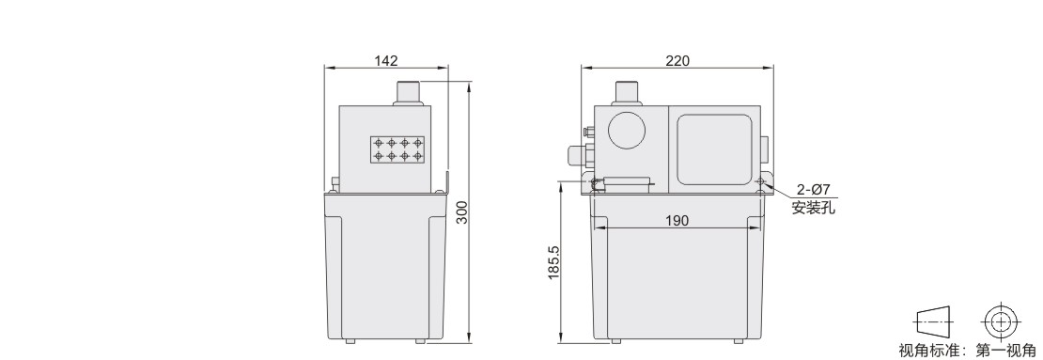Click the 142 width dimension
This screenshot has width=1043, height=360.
coord(386,60)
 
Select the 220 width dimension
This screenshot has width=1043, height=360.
coord(677,60)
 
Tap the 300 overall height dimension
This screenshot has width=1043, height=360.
coord(462,212)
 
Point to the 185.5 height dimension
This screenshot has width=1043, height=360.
coord(554,263)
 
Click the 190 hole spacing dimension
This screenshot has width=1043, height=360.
coord(677,221)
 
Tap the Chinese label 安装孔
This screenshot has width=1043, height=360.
coord(813,209)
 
